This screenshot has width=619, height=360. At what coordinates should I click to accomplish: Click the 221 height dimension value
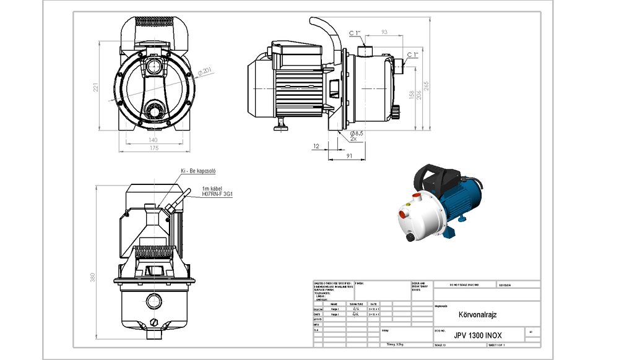[x=95, y=88]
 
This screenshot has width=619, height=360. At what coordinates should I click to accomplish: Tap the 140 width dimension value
[x=152, y=140]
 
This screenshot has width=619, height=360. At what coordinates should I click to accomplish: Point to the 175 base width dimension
[x=152, y=148]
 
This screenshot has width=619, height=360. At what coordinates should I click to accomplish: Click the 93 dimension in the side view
[x=384, y=32]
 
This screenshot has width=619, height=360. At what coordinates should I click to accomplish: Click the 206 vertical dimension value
[x=418, y=95]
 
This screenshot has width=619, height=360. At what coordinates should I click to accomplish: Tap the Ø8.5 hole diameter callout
[x=357, y=133]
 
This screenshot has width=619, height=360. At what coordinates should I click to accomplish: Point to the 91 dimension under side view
[x=350, y=156]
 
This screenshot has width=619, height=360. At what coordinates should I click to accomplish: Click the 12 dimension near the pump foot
[x=316, y=147]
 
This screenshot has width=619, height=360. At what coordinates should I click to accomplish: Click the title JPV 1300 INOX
[x=478, y=335]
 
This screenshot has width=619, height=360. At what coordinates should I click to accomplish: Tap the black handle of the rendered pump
[x=443, y=178]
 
